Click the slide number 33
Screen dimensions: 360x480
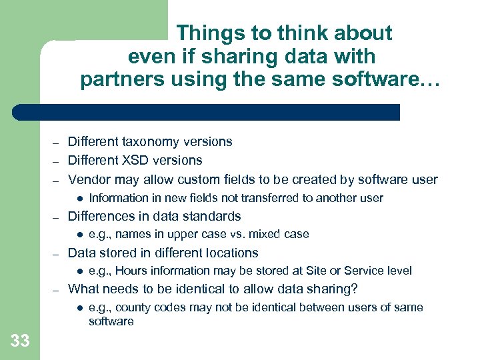[x=20, y=341]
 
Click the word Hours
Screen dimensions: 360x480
[x=137, y=271]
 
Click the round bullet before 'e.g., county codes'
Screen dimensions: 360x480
[x=79, y=307]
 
